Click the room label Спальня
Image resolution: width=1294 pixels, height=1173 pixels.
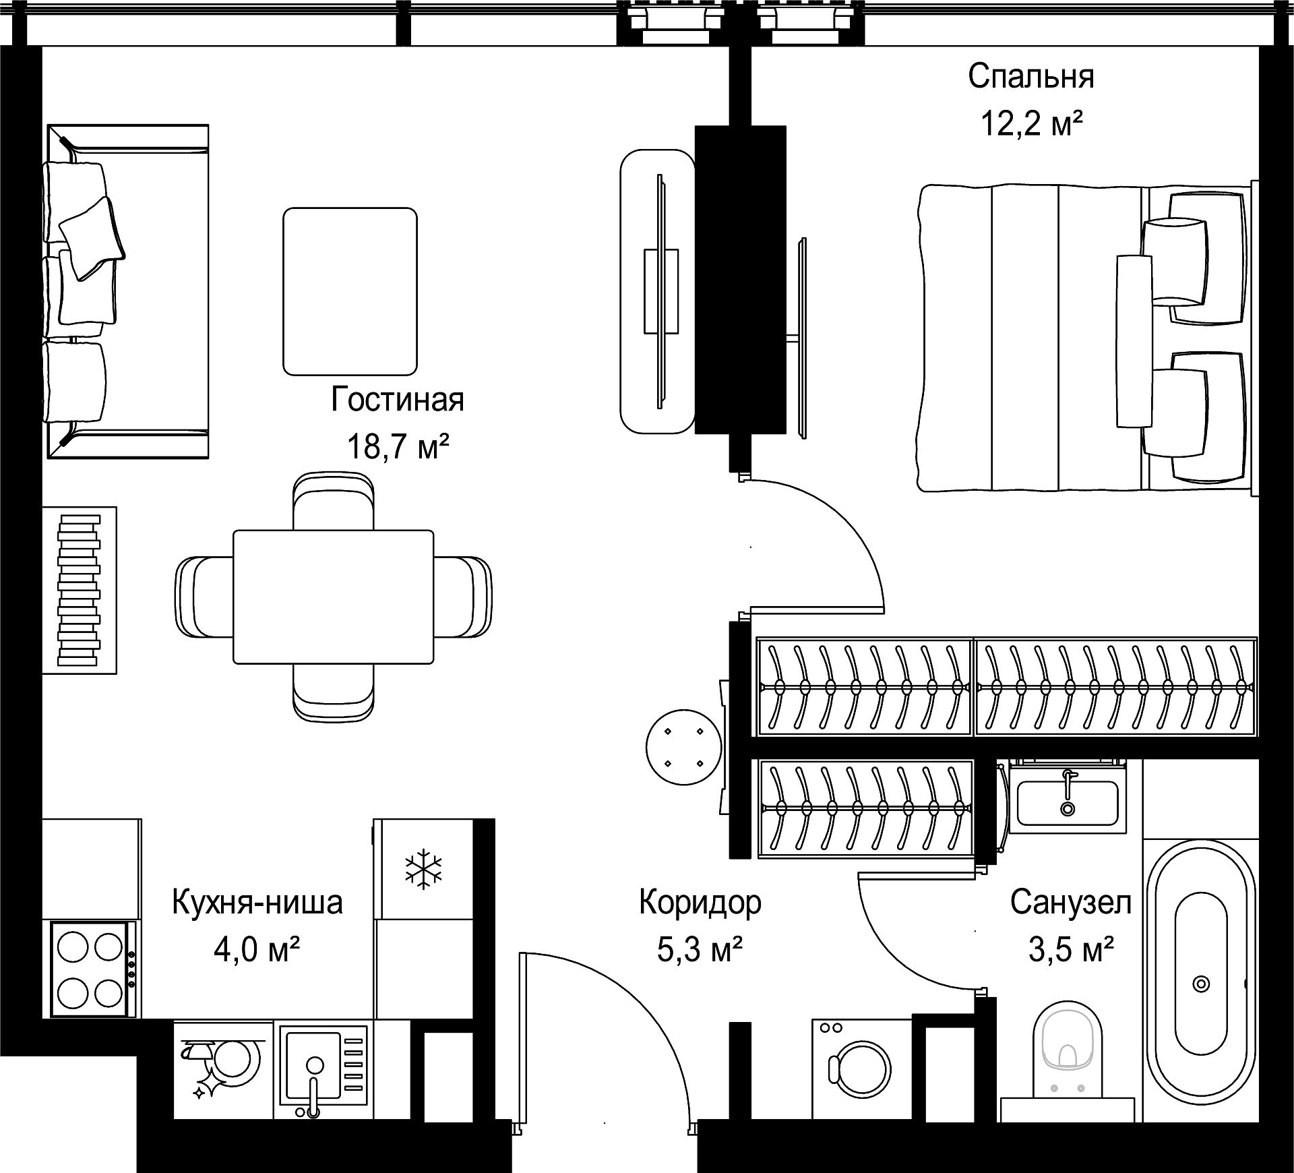click(x=1031, y=78)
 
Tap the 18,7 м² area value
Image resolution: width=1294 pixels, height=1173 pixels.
click(x=398, y=446)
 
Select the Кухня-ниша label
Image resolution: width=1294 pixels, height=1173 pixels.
click(x=257, y=902)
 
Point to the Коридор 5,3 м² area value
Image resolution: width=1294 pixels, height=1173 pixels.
click(x=700, y=949)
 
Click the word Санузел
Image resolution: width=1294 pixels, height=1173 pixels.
click(x=1070, y=902)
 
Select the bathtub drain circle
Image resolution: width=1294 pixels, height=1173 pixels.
click(x=1201, y=984)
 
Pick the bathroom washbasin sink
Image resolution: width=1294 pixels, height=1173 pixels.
click(x=1068, y=802)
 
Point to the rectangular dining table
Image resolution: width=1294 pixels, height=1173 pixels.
click(x=334, y=597)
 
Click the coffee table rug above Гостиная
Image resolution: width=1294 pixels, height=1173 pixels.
click(x=350, y=291)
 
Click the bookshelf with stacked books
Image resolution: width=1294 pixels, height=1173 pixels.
click(x=80, y=590)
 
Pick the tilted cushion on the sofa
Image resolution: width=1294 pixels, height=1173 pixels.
click(x=92, y=238)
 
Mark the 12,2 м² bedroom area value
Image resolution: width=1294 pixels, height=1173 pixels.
click(x=1032, y=124)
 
